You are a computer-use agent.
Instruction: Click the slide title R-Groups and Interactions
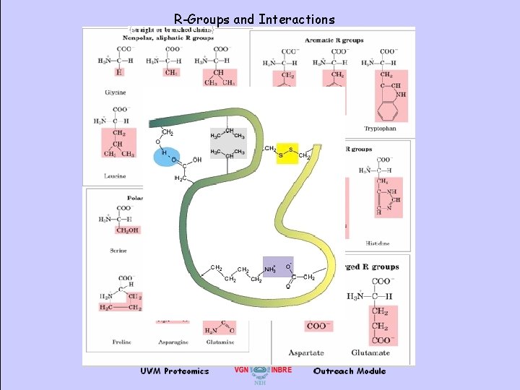[254, 19]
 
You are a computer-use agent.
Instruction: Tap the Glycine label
[115, 92]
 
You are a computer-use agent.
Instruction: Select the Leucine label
[115, 175]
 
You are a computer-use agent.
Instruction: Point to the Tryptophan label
[380, 129]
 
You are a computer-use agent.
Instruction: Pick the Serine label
[118, 251]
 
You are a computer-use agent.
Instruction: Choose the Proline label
[121, 341]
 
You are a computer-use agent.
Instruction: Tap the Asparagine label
[172, 341]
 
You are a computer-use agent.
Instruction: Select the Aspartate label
[306, 352]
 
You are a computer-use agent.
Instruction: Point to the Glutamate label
[370, 352]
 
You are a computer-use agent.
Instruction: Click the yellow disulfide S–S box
[286, 153]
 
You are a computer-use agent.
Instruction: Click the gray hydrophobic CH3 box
[227, 143]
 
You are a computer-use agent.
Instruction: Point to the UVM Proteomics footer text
[175, 371]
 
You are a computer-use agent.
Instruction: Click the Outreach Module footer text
[350, 371]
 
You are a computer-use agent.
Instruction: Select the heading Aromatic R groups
[334, 40]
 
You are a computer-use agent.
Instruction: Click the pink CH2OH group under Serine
[122, 230]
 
